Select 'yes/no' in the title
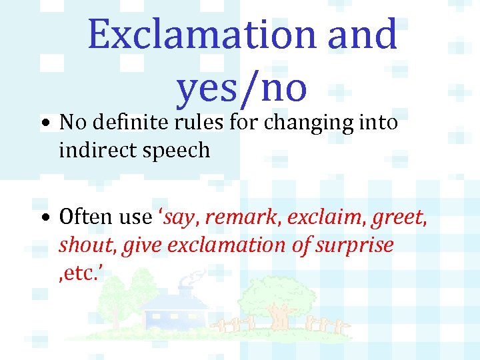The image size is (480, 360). tap(241, 87)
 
